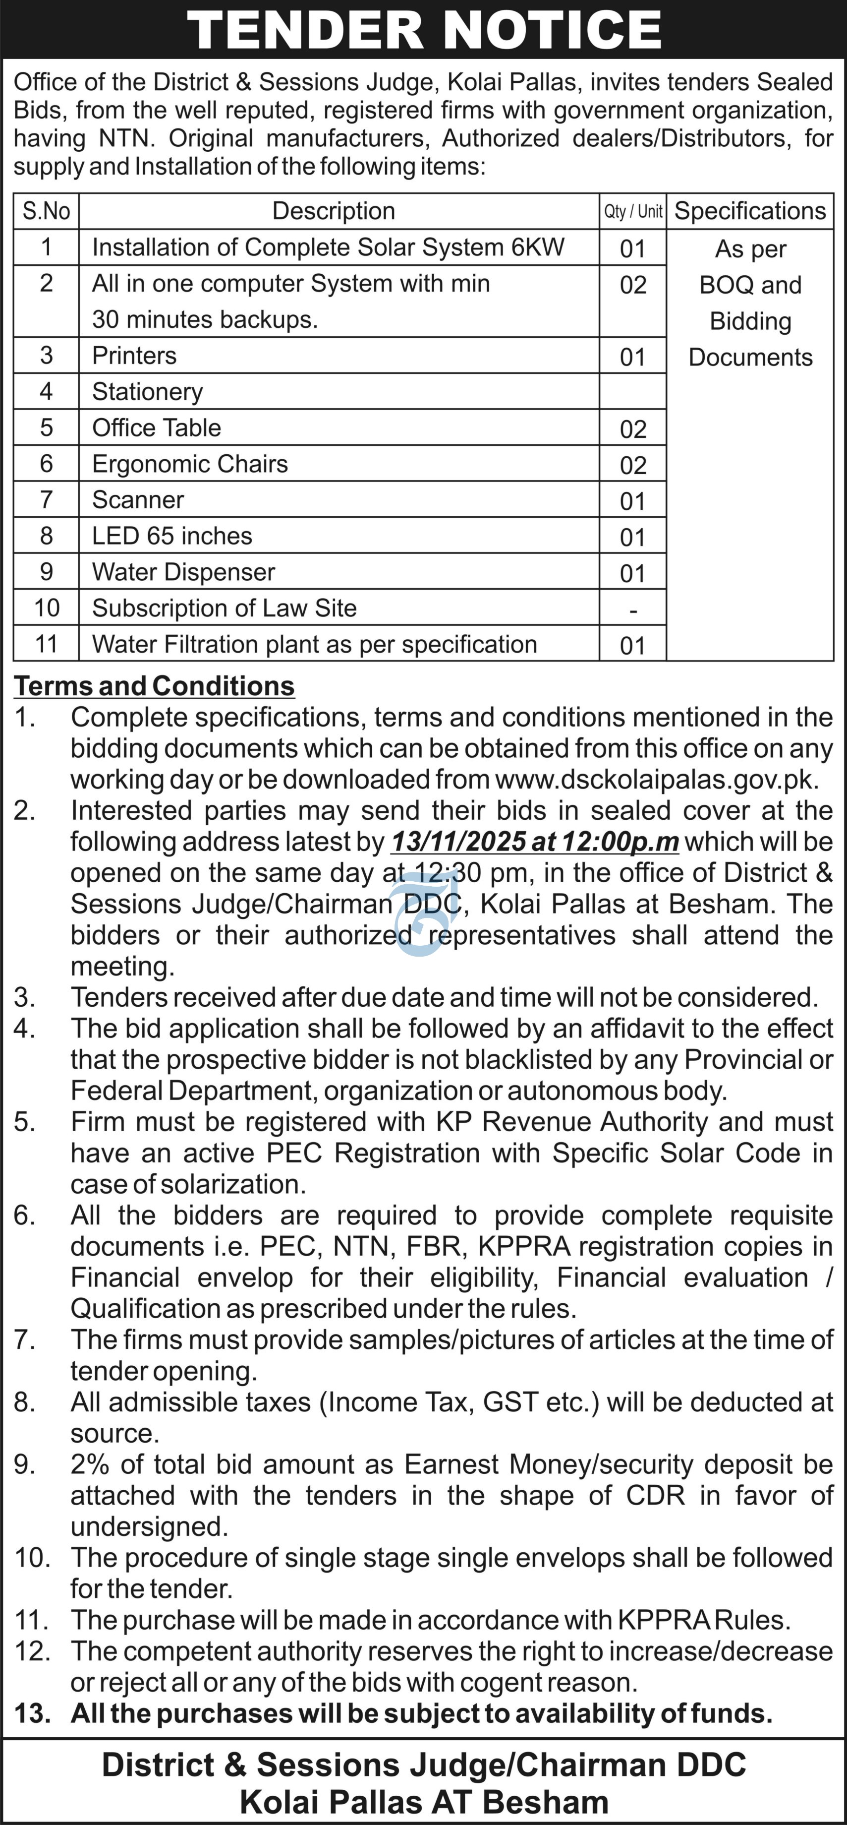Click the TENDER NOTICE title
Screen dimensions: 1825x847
click(x=423, y=30)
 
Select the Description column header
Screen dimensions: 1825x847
click(x=334, y=211)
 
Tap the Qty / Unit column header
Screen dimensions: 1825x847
click(x=632, y=211)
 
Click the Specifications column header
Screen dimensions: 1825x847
click(x=750, y=211)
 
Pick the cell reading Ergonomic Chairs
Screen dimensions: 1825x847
click(x=190, y=464)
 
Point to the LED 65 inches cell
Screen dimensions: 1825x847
click(x=172, y=536)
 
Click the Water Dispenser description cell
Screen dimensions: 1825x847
click(x=183, y=572)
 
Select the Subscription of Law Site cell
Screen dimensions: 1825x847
click(x=224, y=608)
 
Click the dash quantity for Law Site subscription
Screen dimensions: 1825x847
click(x=632, y=610)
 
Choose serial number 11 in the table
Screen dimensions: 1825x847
click(x=46, y=644)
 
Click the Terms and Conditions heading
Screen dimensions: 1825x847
click(x=155, y=686)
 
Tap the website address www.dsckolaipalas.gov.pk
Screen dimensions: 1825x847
click(x=656, y=779)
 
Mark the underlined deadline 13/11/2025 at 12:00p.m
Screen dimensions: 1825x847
click(x=535, y=842)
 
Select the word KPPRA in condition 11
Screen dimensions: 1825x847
click(x=664, y=1620)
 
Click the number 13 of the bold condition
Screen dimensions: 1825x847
click(x=32, y=1714)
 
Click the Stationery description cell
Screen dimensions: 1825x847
click(x=147, y=392)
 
